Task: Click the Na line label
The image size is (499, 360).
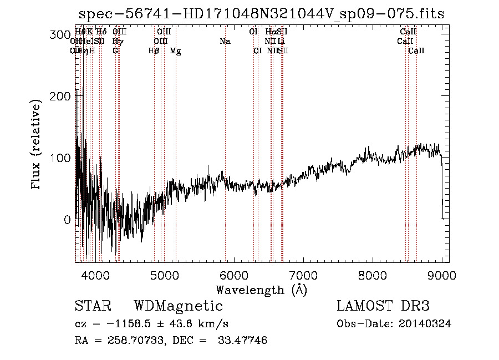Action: tap(225, 42)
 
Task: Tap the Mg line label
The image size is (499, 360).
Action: tap(175, 51)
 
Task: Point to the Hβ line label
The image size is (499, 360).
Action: tap(154, 51)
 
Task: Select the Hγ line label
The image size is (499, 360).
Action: tap(118, 42)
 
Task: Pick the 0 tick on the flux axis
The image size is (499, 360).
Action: tap(65, 220)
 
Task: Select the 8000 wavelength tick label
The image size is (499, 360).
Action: tap(373, 274)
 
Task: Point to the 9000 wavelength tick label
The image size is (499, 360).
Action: tap(442, 274)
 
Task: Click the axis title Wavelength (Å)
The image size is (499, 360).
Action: tap(261, 290)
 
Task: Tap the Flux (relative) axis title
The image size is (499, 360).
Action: tap(37, 145)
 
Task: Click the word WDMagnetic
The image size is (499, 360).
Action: tap(178, 306)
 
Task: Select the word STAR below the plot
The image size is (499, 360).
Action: tap(93, 306)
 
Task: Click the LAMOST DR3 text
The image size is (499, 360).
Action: tap(383, 306)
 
